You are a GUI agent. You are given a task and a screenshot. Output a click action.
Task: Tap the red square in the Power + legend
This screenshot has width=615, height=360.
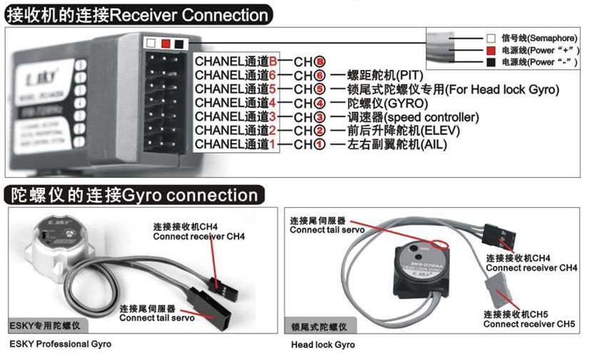coord(491,51)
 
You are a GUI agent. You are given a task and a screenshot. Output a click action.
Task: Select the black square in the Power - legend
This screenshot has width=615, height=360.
coord(491,63)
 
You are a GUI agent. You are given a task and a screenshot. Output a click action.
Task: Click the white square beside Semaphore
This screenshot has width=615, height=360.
coord(491,38)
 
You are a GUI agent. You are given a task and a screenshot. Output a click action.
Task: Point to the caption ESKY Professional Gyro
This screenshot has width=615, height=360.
coord(60,344)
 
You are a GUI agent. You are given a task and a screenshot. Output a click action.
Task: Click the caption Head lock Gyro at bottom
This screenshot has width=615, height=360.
coord(323,344)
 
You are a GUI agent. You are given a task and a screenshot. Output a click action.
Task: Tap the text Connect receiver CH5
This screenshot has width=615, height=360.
coord(529,324)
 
